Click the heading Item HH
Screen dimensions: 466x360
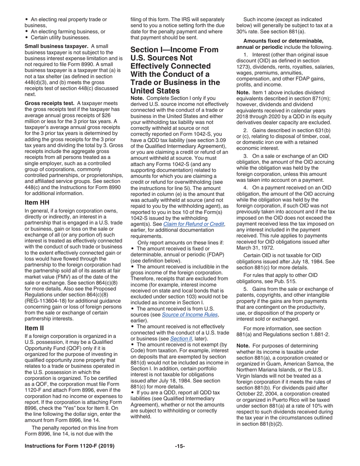point(37,203)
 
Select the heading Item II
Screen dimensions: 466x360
point(35,328)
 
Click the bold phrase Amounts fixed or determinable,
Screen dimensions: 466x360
point(283,41)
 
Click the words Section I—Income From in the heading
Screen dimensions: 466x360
point(174,50)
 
